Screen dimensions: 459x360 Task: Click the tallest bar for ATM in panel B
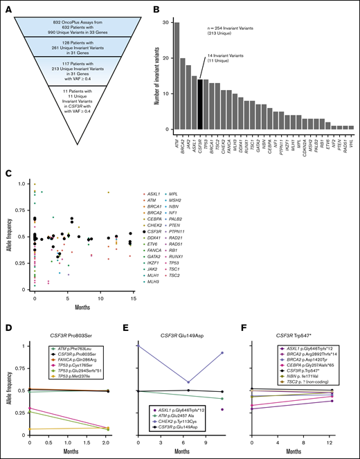(x=177, y=76)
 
